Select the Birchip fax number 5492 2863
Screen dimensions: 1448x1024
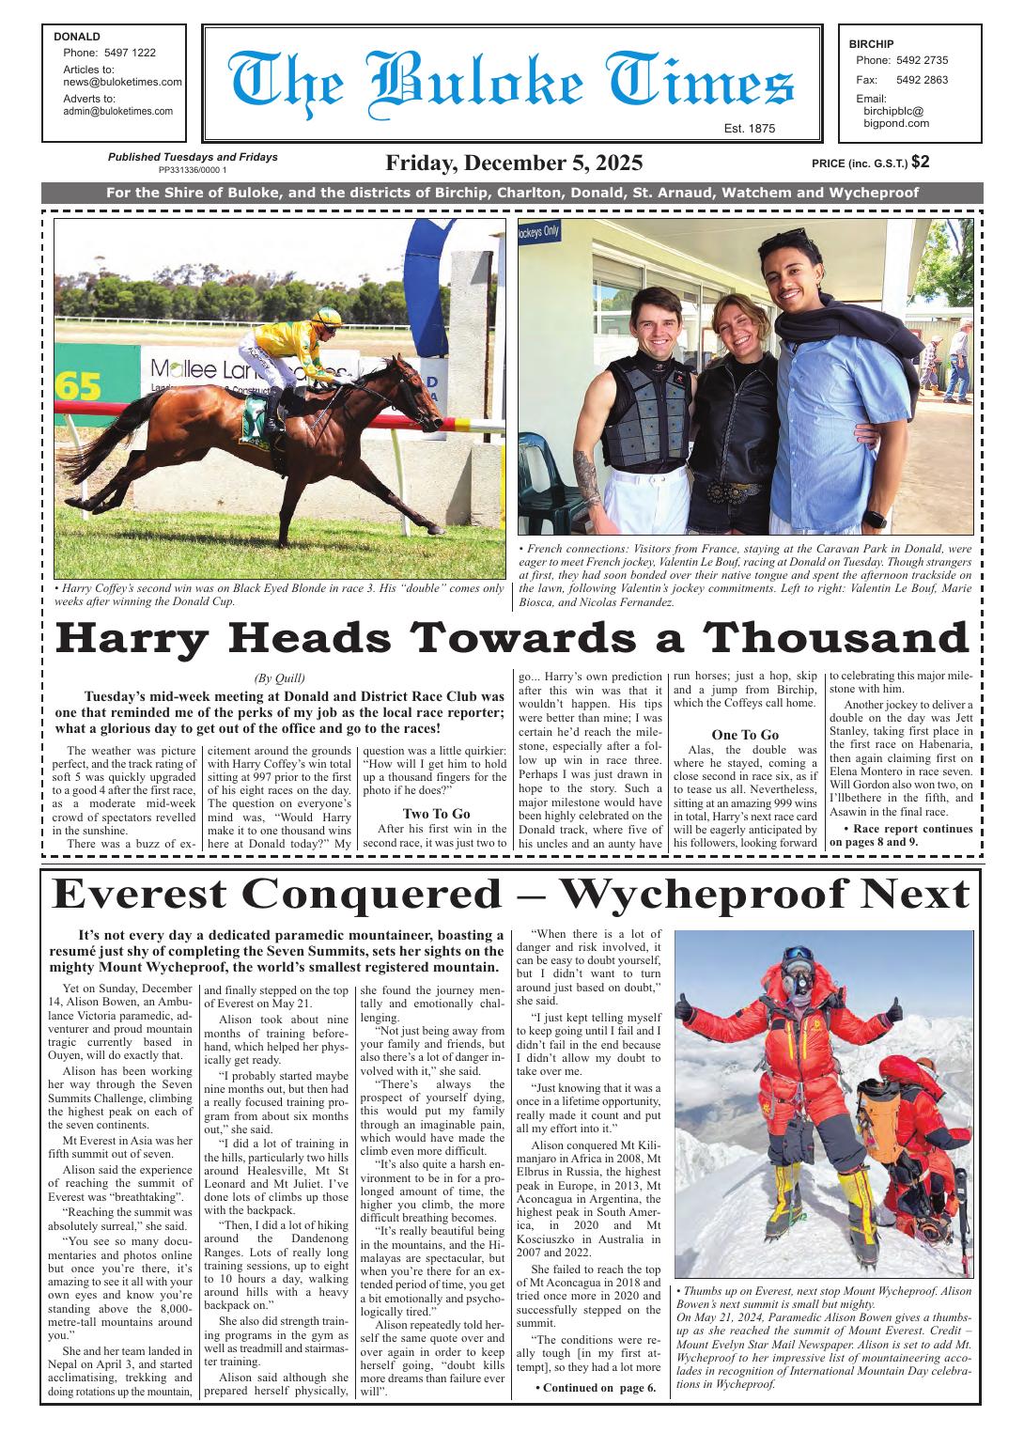coord(908,80)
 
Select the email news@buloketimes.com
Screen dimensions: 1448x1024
coord(122,82)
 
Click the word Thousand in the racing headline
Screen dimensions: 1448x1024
coord(837,639)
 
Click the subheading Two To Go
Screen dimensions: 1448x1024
coord(436,814)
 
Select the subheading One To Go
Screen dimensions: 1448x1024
coord(745,734)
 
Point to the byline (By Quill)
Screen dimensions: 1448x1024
coord(279,678)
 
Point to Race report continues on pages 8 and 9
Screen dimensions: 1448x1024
coord(900,835)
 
